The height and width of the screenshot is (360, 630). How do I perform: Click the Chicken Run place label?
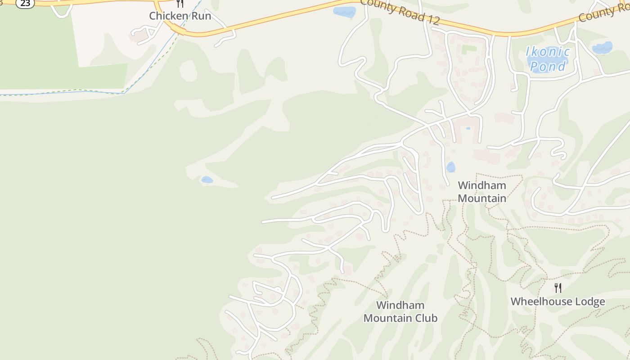click(x=180, y=16)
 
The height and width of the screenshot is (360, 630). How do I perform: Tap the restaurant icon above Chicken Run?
click(x=180, y=4)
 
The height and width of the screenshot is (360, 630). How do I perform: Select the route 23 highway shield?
click(x=25, y=3)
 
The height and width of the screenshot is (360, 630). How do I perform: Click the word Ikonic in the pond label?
click(x=548, y=52)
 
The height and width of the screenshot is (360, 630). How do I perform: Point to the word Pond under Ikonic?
click(x=548, y=66)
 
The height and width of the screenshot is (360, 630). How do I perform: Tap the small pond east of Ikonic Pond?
click(x=603, y=48)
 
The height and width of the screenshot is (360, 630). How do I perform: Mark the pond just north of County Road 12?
click(x=344, y=12)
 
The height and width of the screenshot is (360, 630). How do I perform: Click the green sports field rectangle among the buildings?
click(x=468, y=49)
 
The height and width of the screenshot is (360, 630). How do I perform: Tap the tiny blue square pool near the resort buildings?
click(x=468, y=128)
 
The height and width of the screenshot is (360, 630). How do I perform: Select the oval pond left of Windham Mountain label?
click(x=450, y=167)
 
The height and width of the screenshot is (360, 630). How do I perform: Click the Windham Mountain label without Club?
click(x=482, y=192)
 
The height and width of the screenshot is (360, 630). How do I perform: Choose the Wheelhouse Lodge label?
click(x=558, y=301)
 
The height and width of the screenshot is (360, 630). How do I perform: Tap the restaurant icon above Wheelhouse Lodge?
click(x=558, y=288)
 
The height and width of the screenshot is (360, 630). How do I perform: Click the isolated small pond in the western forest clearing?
click(x=207, y=180)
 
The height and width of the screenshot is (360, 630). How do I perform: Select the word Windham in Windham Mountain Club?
click(x=400, y=305)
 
